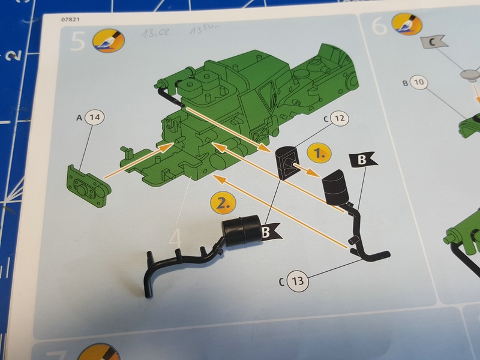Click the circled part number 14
(x=93, y=119)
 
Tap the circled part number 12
(x=338, y=119)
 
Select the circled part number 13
(x=299, y=280)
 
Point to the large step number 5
(x=78, y=42)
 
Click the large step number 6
(x=379, y=26)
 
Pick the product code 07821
(x=70, y=20)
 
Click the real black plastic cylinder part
(x=242, y=232)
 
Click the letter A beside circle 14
(x=79, y=119)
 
